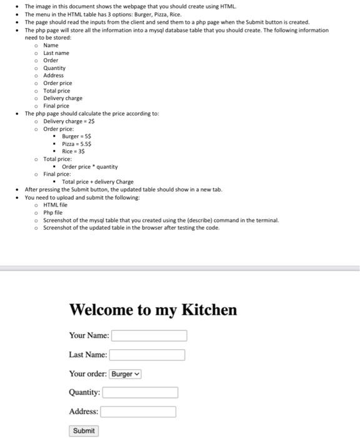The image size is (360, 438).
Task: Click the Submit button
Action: click(84, 430)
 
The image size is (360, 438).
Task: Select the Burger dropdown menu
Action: click(126, 374)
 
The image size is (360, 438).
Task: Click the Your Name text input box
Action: click(149, 335)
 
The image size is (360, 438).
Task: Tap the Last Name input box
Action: click(147, 355)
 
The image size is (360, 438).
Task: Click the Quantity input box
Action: click(140, 392)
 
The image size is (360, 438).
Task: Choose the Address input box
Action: click(138, 412)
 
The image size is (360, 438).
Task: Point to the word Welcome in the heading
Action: click(101, 310)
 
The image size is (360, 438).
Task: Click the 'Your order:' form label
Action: click(87, 374)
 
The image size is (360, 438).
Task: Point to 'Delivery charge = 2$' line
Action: click(69, 121)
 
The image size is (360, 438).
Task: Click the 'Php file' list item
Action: click(53, 212)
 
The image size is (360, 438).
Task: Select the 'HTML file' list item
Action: click(55, 205)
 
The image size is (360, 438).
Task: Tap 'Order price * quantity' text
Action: click(89, 166)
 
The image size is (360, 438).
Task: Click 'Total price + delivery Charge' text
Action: click(97, 181)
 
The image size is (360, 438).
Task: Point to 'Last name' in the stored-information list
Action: click(56, 53)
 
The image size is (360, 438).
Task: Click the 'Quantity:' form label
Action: click(84, 392)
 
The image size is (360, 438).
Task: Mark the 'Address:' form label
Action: click(83, 412)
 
